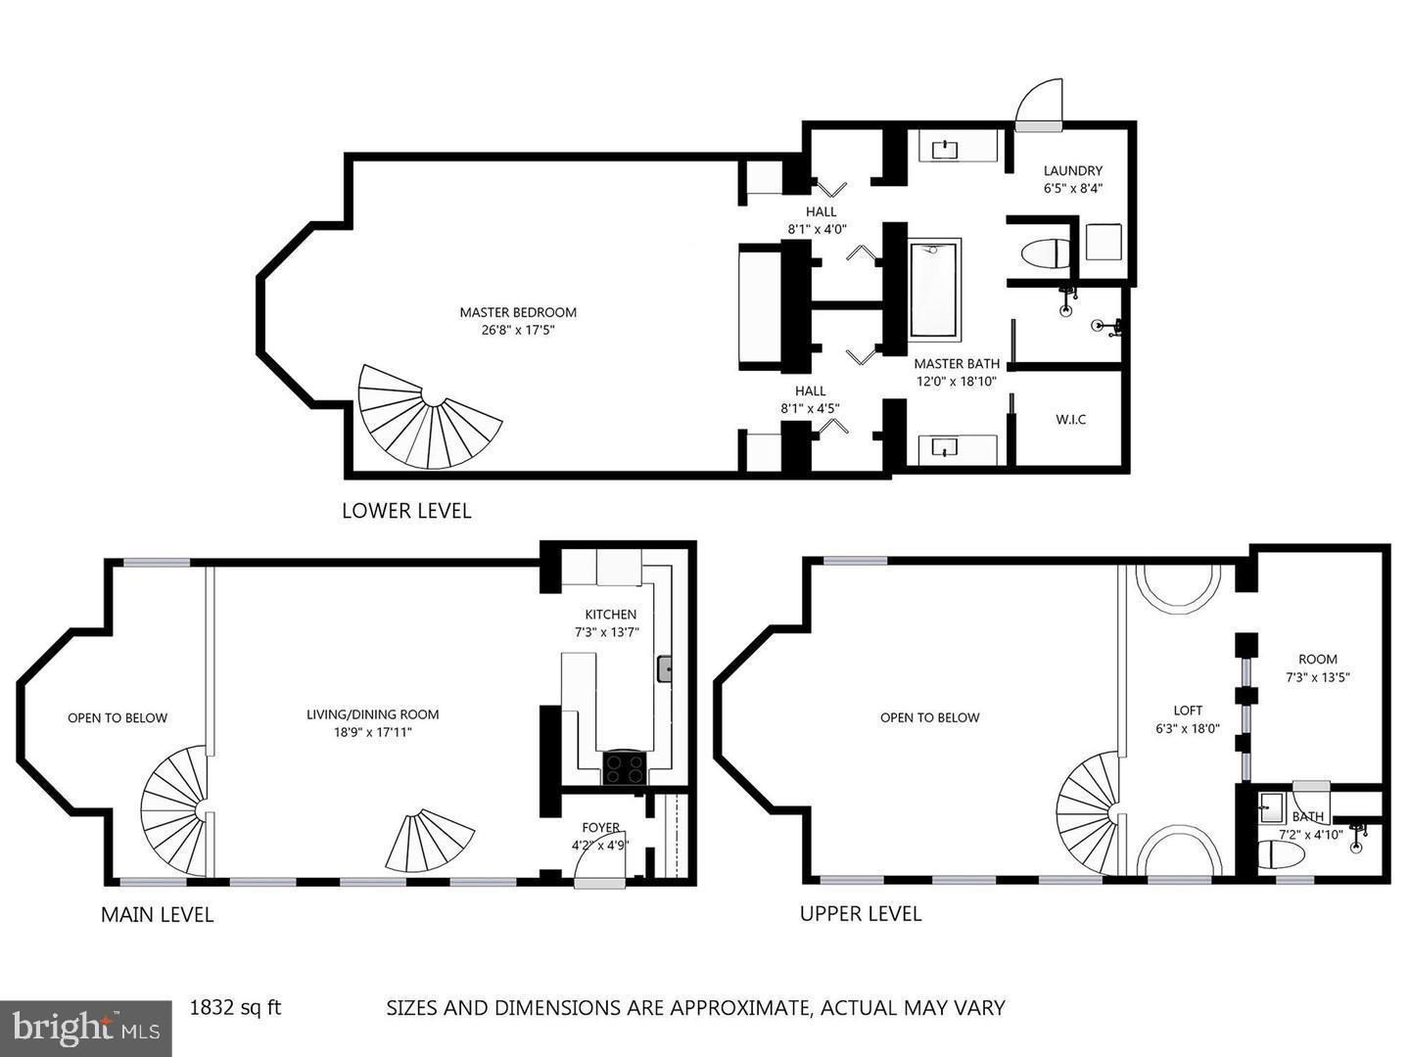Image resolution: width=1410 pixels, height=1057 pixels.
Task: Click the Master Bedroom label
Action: [x=518, y=312]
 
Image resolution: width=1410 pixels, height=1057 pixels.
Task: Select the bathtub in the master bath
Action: [x=934, y=290]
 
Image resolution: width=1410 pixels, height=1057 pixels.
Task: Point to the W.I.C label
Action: [x=1070, y=420]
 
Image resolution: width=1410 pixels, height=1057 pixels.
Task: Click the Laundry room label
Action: [x=1072, y=170]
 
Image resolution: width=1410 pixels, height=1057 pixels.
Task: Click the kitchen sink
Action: [x=665, y=668]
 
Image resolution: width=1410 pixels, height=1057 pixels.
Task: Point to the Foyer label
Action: [x=600, y=828]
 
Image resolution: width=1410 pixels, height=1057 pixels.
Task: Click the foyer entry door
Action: [x=597, y=866]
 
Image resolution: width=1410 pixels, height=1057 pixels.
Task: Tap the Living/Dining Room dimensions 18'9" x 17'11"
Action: [x=372, y=731]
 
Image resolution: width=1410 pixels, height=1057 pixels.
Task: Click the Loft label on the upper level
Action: [x=1188, y=711]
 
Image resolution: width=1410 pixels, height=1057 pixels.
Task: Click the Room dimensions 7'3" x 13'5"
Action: [x=1317, y=676]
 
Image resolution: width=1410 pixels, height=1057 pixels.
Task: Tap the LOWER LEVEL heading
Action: [x=405, y=511]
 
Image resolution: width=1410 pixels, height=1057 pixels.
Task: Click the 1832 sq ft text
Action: [x=235, y=1007]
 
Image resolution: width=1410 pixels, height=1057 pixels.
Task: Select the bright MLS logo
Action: [x=86, y=1028]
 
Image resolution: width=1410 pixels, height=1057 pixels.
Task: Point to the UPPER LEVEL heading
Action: [x=860, y=914]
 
